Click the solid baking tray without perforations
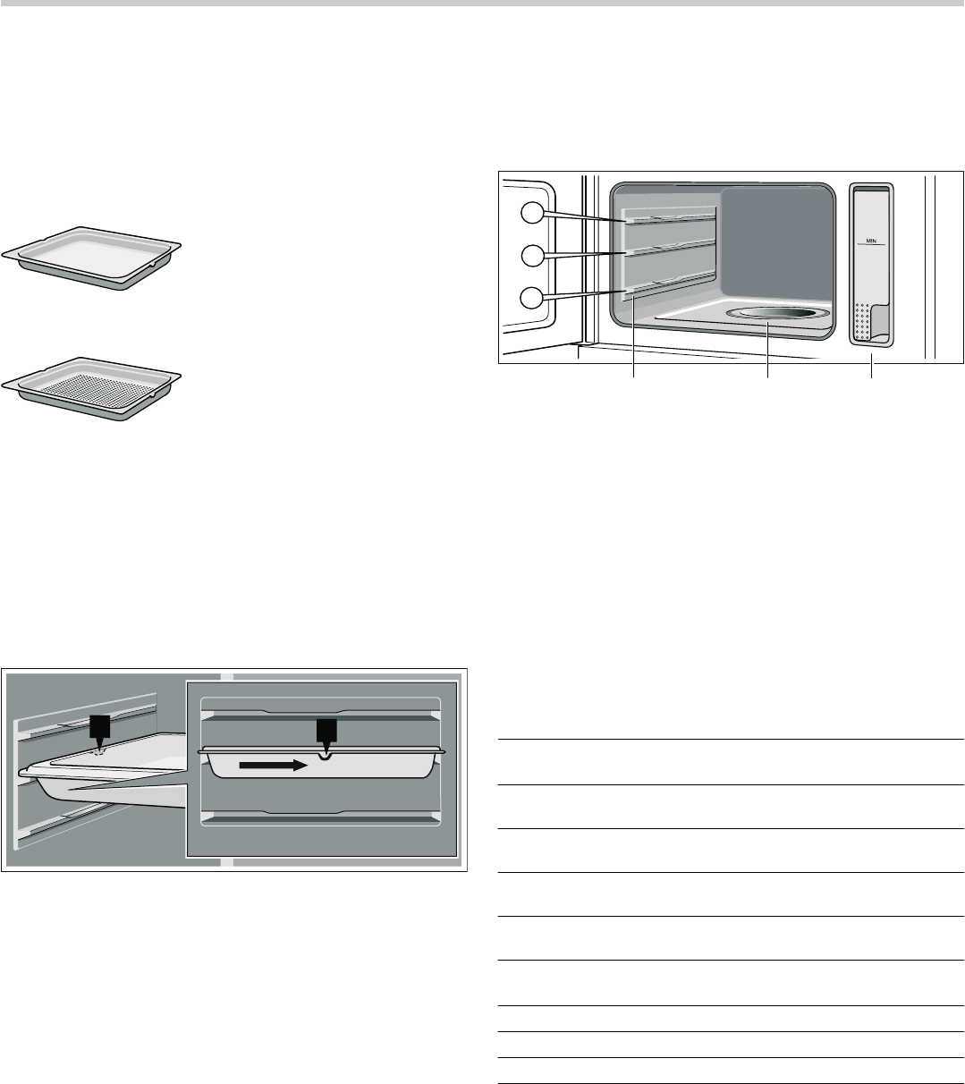(x=91, y=258)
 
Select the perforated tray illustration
(x=91, y=389)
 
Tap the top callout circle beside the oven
(x=532, y=212)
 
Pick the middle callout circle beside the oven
(x=532, y=256)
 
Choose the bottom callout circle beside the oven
(x=532, y=298)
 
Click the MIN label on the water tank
(x=871, y=241)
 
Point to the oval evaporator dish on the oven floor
(x=777, y=314)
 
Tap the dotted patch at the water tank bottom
(x=861, y=322)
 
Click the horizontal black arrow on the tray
(x=274, y=765)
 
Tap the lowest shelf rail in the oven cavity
(x=671, y=284)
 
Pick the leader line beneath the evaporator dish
(x=767, y=351)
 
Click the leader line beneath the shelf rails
(x=634, y=336)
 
